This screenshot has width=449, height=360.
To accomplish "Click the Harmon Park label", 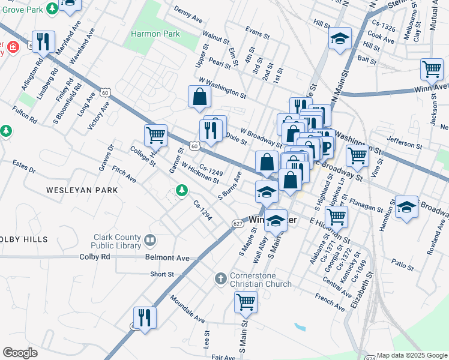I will pyautogui.click(x=155, y=34).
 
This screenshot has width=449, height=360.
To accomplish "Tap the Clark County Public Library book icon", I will pyautogui.click(x=150, y=241).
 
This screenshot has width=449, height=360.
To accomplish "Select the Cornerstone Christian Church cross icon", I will pyautogui.click(x=220, y=279).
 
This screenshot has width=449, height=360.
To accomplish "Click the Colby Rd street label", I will pyautogui.click(x=95, y=257).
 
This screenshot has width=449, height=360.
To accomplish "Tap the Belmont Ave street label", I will pyautogui.click(x=167, y=258).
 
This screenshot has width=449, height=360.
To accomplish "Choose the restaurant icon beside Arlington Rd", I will pyautogui.click(x=43, y=41).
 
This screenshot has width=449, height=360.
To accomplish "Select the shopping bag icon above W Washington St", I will pyautogui.click(x=199, y=96).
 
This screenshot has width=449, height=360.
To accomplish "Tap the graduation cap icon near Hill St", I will pyautogui.click(x=340, y=38).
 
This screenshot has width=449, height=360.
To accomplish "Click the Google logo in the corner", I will pyautogui.click(x=20, y=353).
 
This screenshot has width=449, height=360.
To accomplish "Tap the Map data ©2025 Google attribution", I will pyautogui.click(x=412, y=355).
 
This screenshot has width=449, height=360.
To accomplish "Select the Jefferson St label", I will pyautogui.click(x=404, y=144).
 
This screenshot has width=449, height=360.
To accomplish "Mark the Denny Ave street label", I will pyautogui.click(x=188, y=14).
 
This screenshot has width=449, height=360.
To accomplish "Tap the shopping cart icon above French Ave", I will pyautogui.click(x=246, y=302).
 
